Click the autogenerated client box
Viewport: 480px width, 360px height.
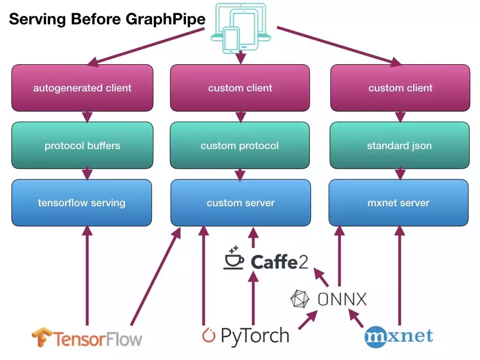click(x=82, y=88)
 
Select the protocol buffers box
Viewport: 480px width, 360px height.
click(x=82, y=145)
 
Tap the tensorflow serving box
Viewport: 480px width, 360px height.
click(x=82, y=202)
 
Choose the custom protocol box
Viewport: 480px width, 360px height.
click(x=240, y=145)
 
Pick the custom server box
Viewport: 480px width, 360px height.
click(x=240, y=202)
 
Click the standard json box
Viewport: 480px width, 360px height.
click(x=399, y=145)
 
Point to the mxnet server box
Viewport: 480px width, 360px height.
click(x=398, y=202)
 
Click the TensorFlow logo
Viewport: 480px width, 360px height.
click(x=87, y=338)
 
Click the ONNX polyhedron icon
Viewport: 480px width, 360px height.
click(x=300, y=299)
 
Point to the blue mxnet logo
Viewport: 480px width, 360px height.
click(x=398, y=337)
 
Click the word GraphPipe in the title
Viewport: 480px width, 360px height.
click(x=165, y=19)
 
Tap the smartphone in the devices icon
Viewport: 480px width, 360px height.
click(x=231, y=40)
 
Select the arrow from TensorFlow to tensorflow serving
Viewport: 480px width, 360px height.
click(x=87, y=276)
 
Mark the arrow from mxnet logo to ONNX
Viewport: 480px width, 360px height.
click(x=356, y=318)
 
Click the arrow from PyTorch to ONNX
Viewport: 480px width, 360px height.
click(x=308, y=320)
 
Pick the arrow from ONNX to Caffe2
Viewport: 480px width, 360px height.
click(x=321, y=277)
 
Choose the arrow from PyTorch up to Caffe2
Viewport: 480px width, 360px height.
click(x=253, y=298)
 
